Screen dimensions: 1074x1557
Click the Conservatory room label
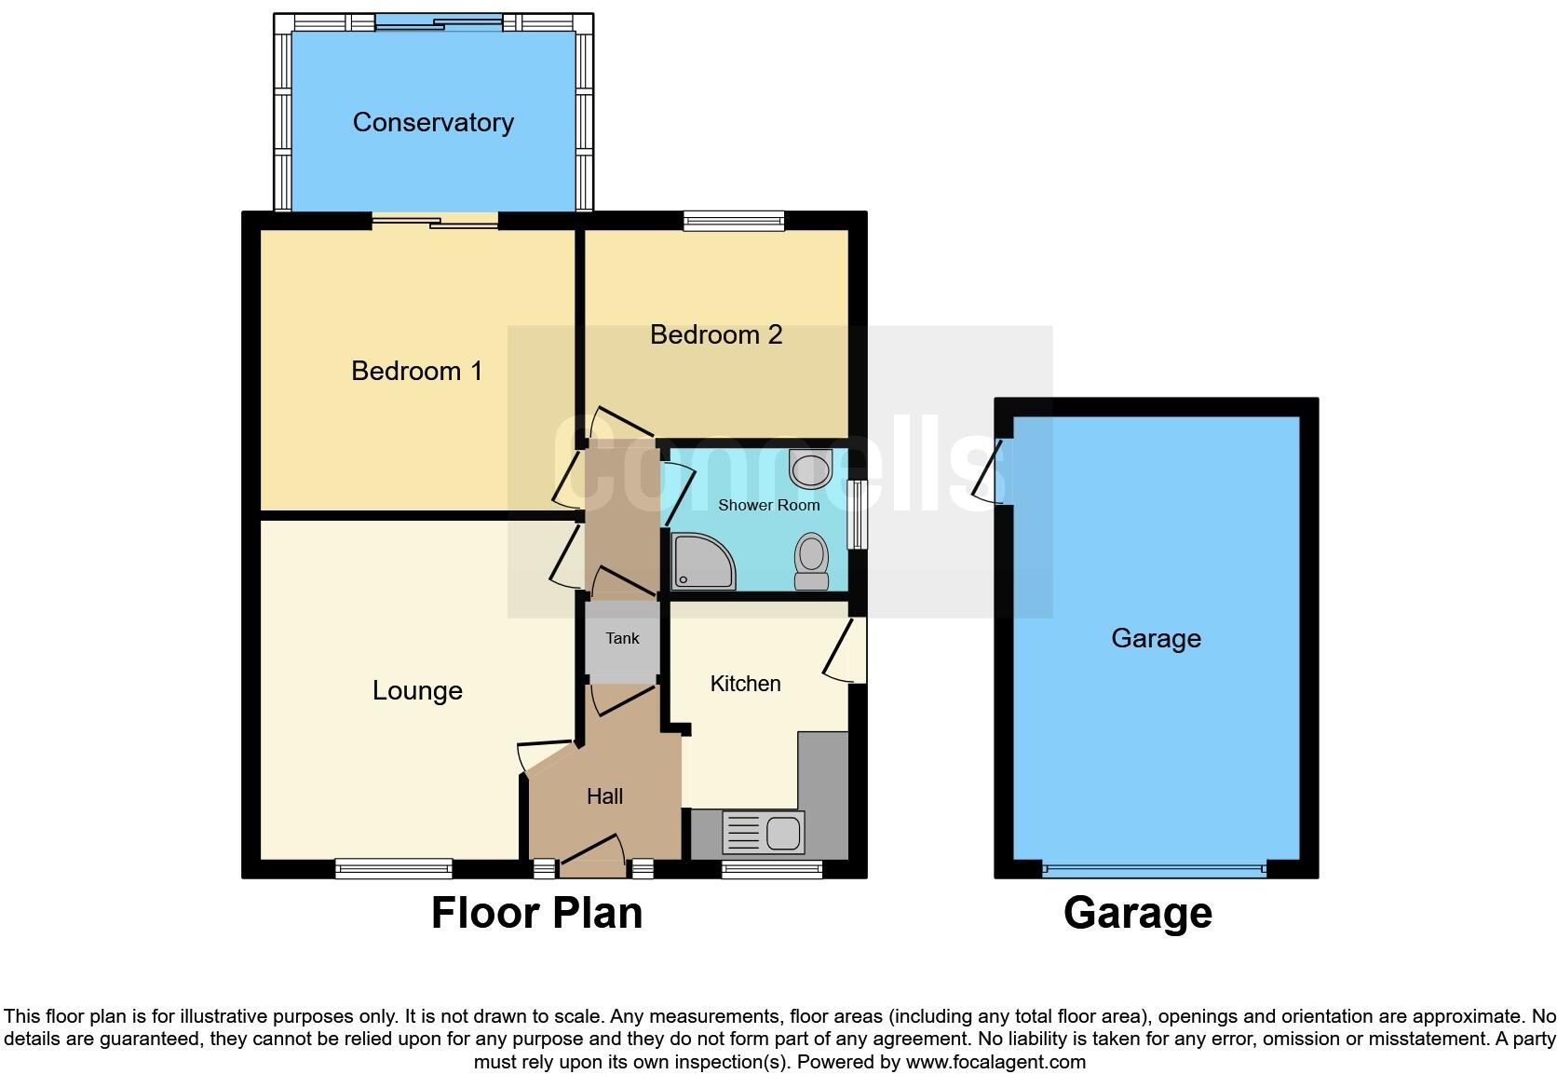point(433,122)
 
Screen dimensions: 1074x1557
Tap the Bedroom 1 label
point(416,371)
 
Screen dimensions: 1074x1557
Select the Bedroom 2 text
point(715,334)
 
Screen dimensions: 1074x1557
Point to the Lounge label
point(417,690)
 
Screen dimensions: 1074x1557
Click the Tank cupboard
point(622,639)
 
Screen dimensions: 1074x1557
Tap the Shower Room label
point(768,505)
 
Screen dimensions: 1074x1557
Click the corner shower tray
point(701,562)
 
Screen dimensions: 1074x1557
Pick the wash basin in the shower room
point(808,468)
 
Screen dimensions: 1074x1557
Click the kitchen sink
point(763,832)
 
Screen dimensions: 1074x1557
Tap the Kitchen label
point(745,684)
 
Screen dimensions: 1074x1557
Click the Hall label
point(604,796)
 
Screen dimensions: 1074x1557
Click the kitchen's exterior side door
point(847,651)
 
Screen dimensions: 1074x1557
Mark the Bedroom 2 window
point(733,221)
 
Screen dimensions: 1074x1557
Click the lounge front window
point(394,869)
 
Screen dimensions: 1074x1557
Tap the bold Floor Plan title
point(536,913)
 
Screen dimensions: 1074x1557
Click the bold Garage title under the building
point(1137,913)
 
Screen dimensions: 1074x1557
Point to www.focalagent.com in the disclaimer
point(995,1062)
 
